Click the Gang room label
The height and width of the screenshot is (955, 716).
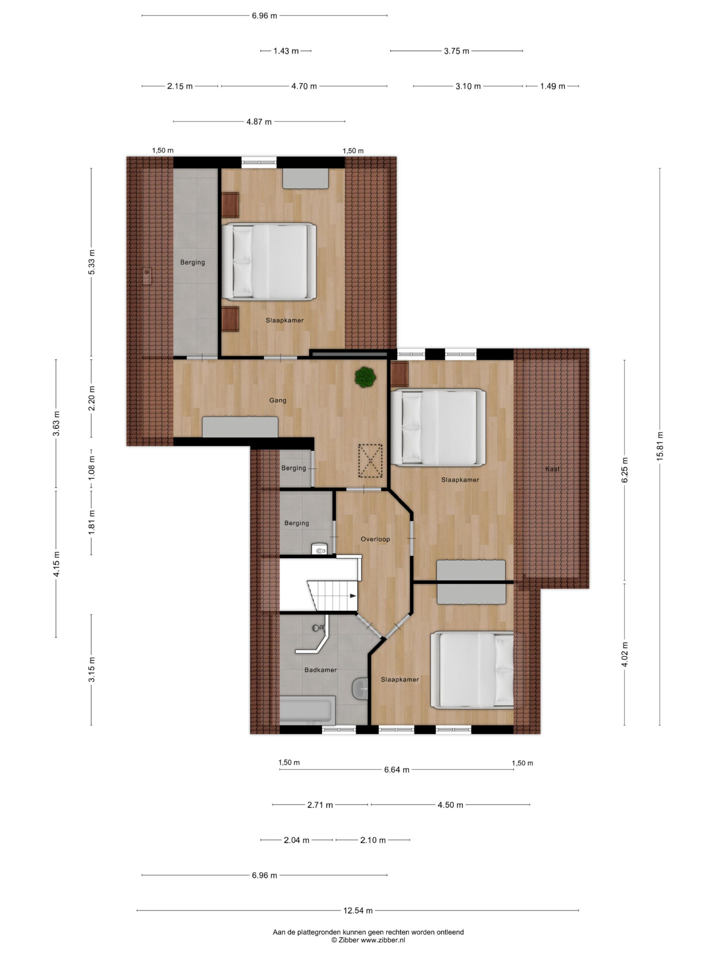[x=277, y=400]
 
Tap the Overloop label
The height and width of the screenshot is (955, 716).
[x=375, y=539]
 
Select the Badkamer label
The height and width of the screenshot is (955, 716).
[x=320, y=670]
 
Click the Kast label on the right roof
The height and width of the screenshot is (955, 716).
[x=552, y=469]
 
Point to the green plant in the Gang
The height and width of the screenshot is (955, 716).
[x=365, y=377]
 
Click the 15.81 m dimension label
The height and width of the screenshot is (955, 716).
[x=659, y=447]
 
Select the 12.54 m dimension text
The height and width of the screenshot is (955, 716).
[x=358, y=911]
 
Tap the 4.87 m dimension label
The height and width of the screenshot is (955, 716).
[x=259, y=122]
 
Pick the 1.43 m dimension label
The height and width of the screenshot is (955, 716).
[x=286, y=51]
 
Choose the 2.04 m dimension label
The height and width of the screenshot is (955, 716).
[x=296, y=840]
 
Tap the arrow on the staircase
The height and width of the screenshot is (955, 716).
[x=353, y=596]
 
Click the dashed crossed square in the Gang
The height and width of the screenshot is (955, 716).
[x=370, y=461]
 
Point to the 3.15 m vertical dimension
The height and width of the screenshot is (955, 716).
[x=91, y=670]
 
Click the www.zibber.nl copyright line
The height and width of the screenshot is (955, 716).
[x=368, y=940]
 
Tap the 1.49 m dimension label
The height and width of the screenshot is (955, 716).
[x=552, y=86]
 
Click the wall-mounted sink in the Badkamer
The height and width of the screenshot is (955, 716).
[x=360, y=689]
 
